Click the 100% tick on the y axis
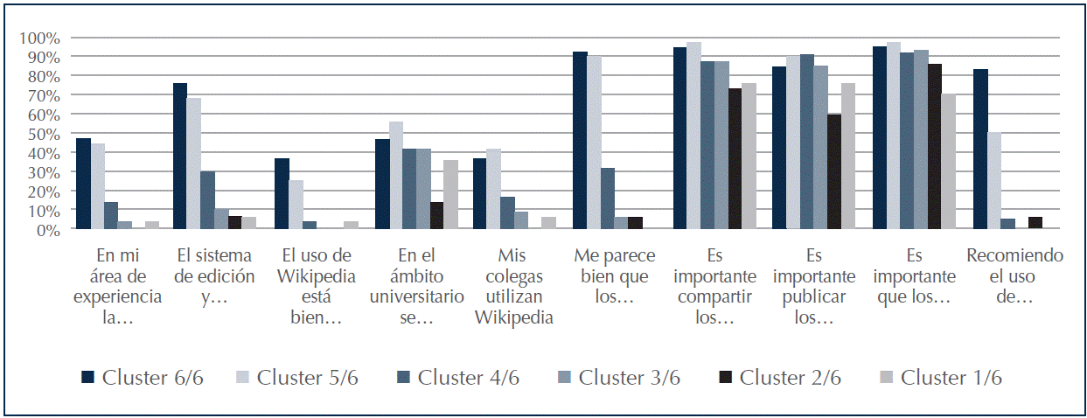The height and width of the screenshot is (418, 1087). point(41,38)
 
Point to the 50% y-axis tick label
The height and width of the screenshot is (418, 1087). point(44,134)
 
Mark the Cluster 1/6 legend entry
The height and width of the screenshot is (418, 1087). point(941,378)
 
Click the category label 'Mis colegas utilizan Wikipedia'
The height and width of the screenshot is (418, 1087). point(514,286)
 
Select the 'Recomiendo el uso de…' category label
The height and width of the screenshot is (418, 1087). point(1014,275)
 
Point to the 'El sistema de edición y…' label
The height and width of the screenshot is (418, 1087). point(214,275)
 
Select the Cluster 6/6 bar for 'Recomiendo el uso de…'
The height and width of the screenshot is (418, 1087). point(981,150)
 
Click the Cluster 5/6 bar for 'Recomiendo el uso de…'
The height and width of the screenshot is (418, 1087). point(994,181)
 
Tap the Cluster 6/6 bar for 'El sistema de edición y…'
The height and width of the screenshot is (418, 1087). point(180,157)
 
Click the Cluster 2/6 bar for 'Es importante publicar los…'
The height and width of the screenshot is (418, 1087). point(834,171)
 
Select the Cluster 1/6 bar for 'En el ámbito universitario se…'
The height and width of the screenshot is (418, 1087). point(450,195)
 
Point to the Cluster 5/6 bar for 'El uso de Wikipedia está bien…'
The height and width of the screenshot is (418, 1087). point(295,205)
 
